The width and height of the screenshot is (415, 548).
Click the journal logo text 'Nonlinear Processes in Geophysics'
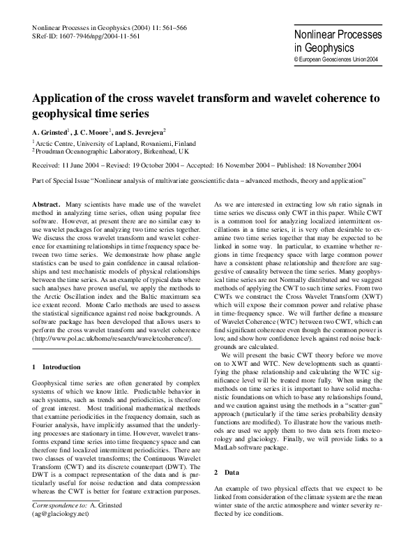338,41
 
